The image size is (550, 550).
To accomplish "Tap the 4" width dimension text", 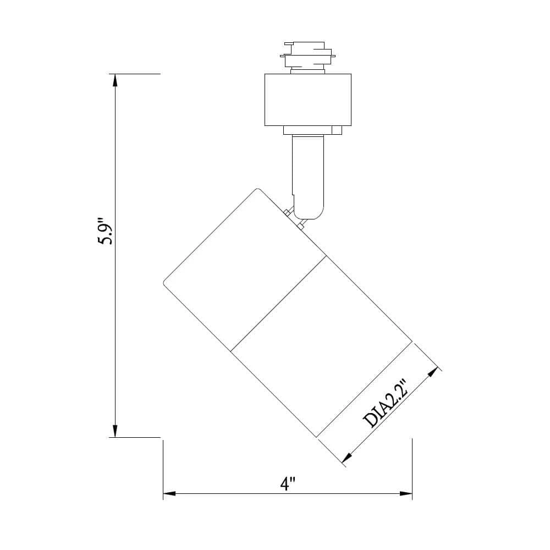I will click(288, 484).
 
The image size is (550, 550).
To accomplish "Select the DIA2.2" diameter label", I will click(386, 403).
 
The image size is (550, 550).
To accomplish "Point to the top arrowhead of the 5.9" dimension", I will click(115, 80).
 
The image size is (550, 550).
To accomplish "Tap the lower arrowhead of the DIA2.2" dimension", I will click(347, 457).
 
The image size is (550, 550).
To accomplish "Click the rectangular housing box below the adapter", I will click(307, 100).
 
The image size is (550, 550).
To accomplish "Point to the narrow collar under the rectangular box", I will click(312, 130).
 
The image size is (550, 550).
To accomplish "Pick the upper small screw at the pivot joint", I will click(287, 213).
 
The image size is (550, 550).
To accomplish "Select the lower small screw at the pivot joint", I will click(300, 226).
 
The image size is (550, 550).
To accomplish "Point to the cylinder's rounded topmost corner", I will click(257, 190).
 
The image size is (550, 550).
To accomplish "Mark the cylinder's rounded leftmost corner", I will click(165, 283).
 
